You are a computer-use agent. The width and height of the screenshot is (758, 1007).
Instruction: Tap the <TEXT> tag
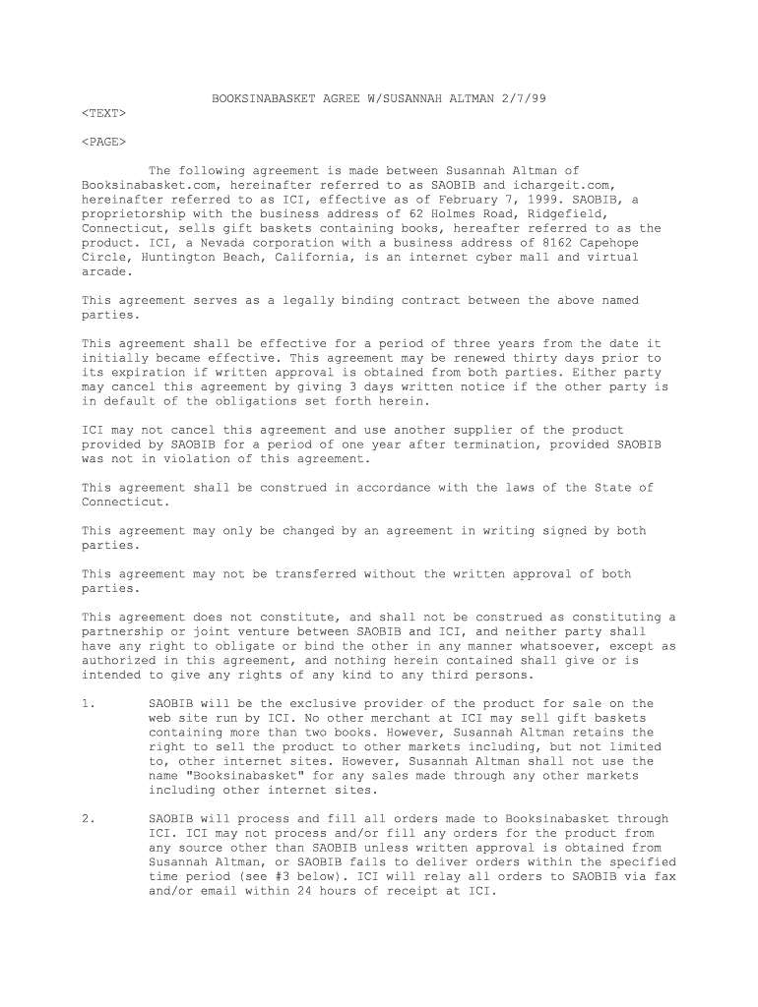[103, 113]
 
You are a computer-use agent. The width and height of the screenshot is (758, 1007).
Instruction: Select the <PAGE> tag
[103, 142]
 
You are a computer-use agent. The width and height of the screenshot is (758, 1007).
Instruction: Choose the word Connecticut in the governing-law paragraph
[121, 502]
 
